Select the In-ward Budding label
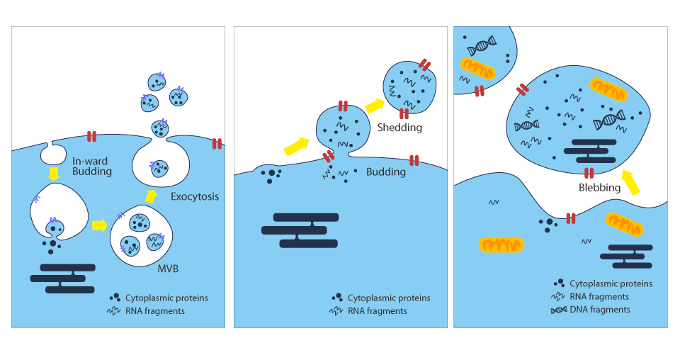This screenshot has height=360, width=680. [92, 166]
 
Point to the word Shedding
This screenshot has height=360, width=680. [399, 128]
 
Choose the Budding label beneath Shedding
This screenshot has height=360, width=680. [386, 171]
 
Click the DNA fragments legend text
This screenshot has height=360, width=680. [599, 309]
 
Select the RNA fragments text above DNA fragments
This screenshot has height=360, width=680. [599, 296]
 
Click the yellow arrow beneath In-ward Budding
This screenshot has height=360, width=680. [53, 173]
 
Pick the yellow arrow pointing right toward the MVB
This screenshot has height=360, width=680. [99, 225]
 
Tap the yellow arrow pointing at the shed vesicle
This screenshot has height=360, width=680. [375, 106]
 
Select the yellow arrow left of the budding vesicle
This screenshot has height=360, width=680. [297, 146]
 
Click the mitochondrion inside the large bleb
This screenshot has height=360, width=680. [609, 89]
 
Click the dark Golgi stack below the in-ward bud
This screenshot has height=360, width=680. [62, 279]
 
